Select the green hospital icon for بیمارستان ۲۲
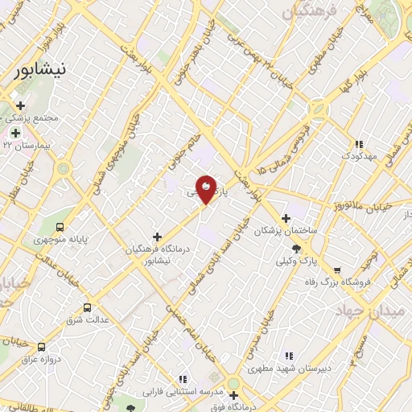click(15, 133)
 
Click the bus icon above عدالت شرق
click(88, 308)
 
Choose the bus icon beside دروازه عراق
click(41, 347)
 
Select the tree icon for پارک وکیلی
click(297, 249)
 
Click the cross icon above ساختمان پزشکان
click(286, 218)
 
